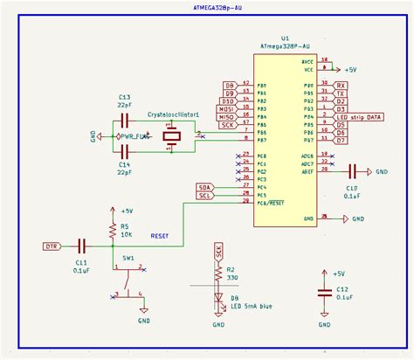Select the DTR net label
(53, 246)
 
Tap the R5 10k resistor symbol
(112, 231)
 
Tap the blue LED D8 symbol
(218, 298)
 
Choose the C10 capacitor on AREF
(353, 172)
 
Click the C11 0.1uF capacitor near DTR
(82, 246)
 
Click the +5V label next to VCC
(350, 68)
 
